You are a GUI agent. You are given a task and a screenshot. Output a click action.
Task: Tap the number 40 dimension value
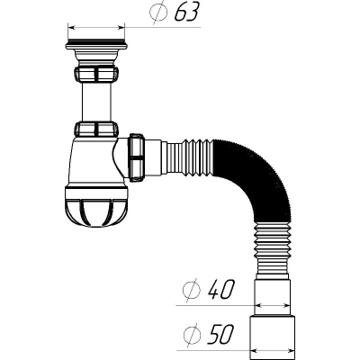221,290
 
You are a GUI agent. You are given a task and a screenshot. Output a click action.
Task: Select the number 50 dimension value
221,335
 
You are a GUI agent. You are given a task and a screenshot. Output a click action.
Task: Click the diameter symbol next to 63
158,12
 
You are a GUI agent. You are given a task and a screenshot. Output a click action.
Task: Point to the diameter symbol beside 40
192,290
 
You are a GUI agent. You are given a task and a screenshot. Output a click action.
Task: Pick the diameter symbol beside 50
192,335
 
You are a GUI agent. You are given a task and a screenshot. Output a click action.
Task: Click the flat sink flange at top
96,45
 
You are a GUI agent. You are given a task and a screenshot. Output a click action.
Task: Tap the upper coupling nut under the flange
96,74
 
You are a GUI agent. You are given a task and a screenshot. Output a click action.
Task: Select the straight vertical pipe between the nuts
96,102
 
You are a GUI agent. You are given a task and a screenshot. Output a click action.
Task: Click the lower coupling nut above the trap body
96,130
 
